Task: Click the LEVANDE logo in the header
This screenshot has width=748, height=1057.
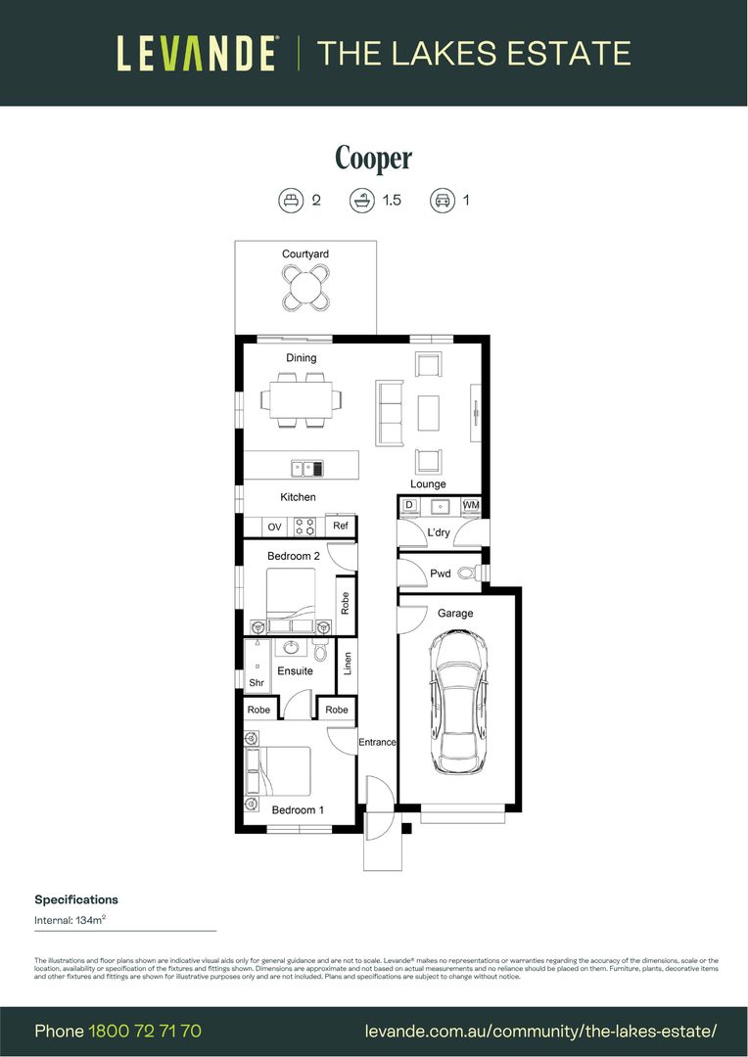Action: (x=197, y=53)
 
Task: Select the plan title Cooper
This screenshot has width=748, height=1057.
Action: (x=373, y=159)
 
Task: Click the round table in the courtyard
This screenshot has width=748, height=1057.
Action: (x=305, y=288)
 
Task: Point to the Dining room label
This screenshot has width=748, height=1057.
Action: (x=301, y=358)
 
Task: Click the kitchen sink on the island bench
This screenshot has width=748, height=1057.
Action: (x=311, y=469)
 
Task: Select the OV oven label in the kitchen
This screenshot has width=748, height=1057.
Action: (x=274, y=527)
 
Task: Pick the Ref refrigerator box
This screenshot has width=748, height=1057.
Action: (x=340, y=527)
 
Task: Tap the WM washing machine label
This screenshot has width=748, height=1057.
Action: (x=471, y=505)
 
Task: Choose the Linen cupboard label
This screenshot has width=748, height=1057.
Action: (x=347, y=664)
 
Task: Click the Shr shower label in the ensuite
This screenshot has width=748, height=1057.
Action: (x=256, y=683)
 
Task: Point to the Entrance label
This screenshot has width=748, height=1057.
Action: (x=376, y=742)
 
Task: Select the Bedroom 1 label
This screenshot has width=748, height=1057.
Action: (x=298, y=810)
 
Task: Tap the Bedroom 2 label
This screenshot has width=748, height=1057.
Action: (x=294, y=556)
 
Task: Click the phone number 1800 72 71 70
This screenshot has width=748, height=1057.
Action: (x=145, y=1031)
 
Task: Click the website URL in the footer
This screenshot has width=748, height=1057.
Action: (x=540, y=1031)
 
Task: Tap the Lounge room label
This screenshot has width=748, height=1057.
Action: (x=428, y=484)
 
